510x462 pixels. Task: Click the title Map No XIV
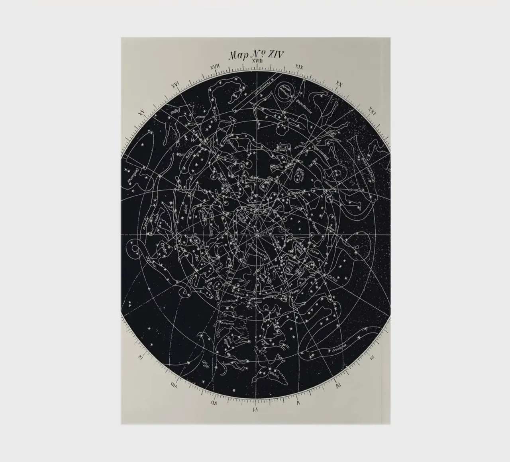[256, 54]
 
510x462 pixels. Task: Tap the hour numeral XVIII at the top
[257, 61]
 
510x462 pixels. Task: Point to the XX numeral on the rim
[339, 84]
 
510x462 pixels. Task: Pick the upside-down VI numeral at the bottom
[255, 409]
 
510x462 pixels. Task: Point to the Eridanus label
[339, 351]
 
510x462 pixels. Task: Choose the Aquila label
[277, 168]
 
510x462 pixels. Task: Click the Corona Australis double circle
[284, 94]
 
